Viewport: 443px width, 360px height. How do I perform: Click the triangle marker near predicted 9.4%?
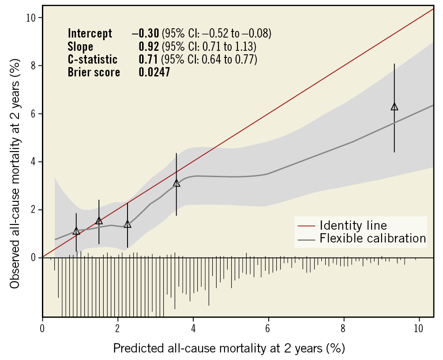(x=394, y=106)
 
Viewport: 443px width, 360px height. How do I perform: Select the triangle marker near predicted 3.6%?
(x=176, y=183)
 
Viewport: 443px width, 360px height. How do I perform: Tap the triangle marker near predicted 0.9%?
(x=76, y=231)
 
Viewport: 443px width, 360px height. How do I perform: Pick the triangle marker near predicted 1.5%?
(x=99, y=221)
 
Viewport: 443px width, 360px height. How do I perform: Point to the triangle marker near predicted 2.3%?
(x=128, y=224)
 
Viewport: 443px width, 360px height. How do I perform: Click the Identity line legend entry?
(x=353, y=225)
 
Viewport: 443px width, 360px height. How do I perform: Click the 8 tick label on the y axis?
(x=34, y=66)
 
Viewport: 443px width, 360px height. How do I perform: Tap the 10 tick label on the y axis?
(x=32, y=18)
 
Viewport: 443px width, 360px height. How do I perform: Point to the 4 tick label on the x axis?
(x=193, y=329)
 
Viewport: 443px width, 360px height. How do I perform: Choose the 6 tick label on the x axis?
(x=268, y=329)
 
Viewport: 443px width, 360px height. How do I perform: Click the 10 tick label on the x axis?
(x=418, y=329)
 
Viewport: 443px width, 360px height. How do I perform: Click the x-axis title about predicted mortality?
(x=229, y=348)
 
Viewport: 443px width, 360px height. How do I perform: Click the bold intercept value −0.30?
(x=146, y=34)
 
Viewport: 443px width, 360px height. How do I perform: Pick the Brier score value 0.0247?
(x=154, y=72)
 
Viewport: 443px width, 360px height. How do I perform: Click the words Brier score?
(x=94, y=72)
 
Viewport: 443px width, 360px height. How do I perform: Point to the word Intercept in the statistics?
(x=90, y=34)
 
